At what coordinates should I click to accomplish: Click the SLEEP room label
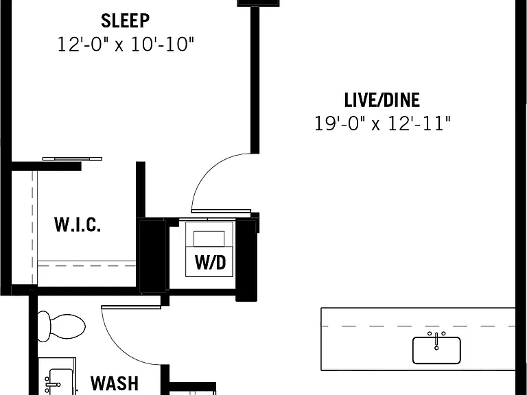[126, 21]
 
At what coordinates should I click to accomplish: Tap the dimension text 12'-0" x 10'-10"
[126, 45]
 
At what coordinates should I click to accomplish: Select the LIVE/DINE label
[382, 100]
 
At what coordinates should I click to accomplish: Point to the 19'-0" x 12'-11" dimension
[382, 123]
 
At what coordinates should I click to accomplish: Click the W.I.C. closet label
[78, 225]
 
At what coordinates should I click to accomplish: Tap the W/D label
[211, 263]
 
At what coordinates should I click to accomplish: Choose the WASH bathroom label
[115, 383]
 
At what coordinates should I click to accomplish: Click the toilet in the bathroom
[61, 326]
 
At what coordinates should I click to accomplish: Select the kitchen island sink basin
[436, 350]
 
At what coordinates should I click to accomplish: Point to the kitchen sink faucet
[436, 340]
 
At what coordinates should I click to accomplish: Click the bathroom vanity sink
[60, 381]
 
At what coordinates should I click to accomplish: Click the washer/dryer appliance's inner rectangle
[209, 239]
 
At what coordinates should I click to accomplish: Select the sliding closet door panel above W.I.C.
[72, 158]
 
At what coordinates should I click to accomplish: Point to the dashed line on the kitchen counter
[418, 326]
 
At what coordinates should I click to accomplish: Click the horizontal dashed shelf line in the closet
[86, 265]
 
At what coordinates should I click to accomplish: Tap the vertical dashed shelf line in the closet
[33, 228]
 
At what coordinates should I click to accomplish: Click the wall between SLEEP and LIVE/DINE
[255, 80]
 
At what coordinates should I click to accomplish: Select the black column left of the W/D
[152, 255]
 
